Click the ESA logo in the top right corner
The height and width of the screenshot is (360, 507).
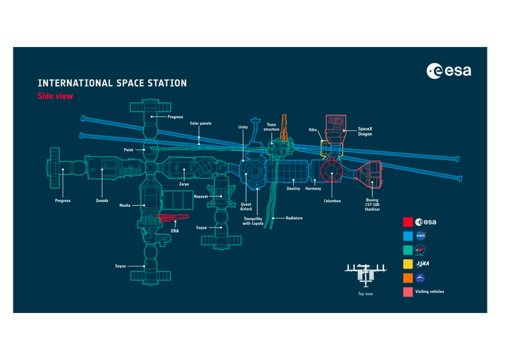coord(449,70)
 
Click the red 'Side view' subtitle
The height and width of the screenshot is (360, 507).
coord(56,96)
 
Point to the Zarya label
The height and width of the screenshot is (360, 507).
coord(184,184)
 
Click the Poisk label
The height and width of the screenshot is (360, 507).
coord(129,150)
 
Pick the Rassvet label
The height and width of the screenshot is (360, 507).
coord(201,196)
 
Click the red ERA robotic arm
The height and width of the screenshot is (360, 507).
coord(168,217)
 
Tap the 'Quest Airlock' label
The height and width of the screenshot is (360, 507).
coord(246,206)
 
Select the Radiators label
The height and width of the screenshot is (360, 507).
coord(294,218)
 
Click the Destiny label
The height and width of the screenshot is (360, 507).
coord(293,188)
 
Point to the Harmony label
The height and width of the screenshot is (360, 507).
coord(313,188)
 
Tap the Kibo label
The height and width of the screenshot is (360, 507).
coord(312,129)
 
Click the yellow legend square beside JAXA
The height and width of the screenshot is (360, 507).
coord(408,263)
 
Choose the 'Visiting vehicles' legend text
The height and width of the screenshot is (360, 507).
coord(431,292)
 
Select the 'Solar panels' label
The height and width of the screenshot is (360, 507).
coord(200,123)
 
